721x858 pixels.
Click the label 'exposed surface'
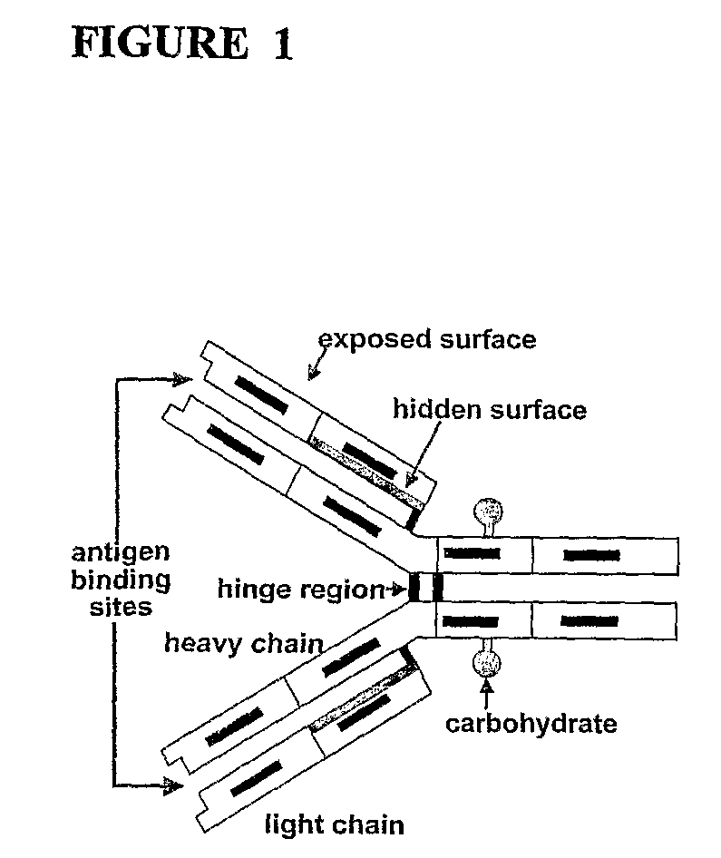[427, 339]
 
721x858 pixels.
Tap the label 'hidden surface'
[489, 409]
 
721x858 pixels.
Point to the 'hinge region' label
[300, 590]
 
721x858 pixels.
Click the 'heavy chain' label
[243, 644]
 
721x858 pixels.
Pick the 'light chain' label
[334, 824]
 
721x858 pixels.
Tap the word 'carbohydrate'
[531, 723]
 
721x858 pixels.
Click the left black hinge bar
[415, 587]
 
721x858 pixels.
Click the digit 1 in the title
[282, 43]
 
